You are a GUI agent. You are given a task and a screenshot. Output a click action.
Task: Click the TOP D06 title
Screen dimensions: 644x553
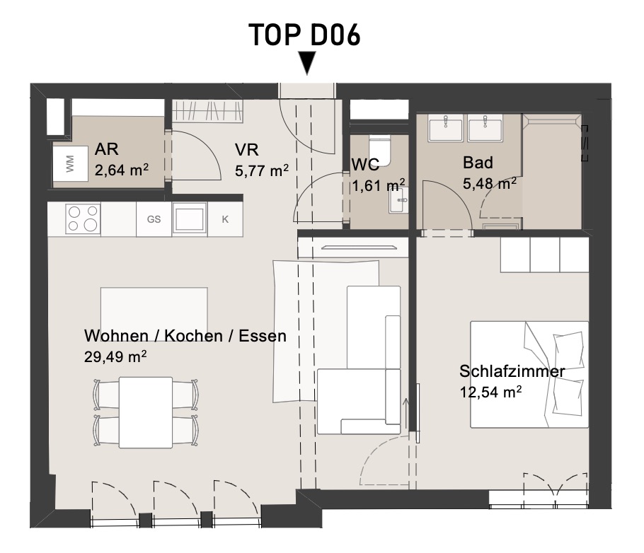pyautogui.click(x=304, y=35)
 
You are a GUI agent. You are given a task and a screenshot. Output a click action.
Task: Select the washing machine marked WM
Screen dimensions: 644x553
pyautogui.click(x=70, y=163)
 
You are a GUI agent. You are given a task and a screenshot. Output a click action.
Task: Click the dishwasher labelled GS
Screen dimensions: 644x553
pyautogui.click(x=154, y=219)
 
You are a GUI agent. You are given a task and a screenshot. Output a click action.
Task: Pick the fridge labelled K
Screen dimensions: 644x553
pyautogui.click(x=225, y=219)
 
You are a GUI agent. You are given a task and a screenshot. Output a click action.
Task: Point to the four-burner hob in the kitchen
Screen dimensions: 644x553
pyautogui.click(x=83, y=219)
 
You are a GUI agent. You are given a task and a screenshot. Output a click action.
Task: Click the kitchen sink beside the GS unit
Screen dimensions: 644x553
pyautogui.click(x=190, y=218)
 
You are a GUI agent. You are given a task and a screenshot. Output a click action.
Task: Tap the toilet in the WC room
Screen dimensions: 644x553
pyautogui.click(x=379, y=150)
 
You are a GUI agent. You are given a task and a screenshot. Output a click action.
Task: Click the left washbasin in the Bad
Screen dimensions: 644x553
pyautogui.click(x=446, y=128)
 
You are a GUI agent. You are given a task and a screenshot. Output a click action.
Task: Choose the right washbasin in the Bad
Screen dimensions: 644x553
pyautogui.click(x=485, y=128)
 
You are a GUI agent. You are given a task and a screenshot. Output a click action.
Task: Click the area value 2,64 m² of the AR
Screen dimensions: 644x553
pyautogui.click(x=122, y=170)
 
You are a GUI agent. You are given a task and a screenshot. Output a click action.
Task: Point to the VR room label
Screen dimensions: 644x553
pyautogui.click(x=247, y=150)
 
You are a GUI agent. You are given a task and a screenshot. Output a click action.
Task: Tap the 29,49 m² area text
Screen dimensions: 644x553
pyautogui.click(x=115, y=356)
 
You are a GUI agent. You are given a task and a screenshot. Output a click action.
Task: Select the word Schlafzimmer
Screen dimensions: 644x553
pyautogui.click(x=512, y=371)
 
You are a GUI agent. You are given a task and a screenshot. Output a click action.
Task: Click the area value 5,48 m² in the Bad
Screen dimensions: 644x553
pyautogui.click(x=490, y=184)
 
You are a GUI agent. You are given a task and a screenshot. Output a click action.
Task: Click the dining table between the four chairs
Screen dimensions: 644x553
pyautogui.click(x=146, y=412)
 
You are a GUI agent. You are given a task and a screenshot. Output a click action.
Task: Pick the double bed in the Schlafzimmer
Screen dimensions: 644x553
pyautogui.click(x=529, y=374)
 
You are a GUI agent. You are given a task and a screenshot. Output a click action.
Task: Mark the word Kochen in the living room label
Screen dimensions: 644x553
pyautogui.click(x=193, y=336)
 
